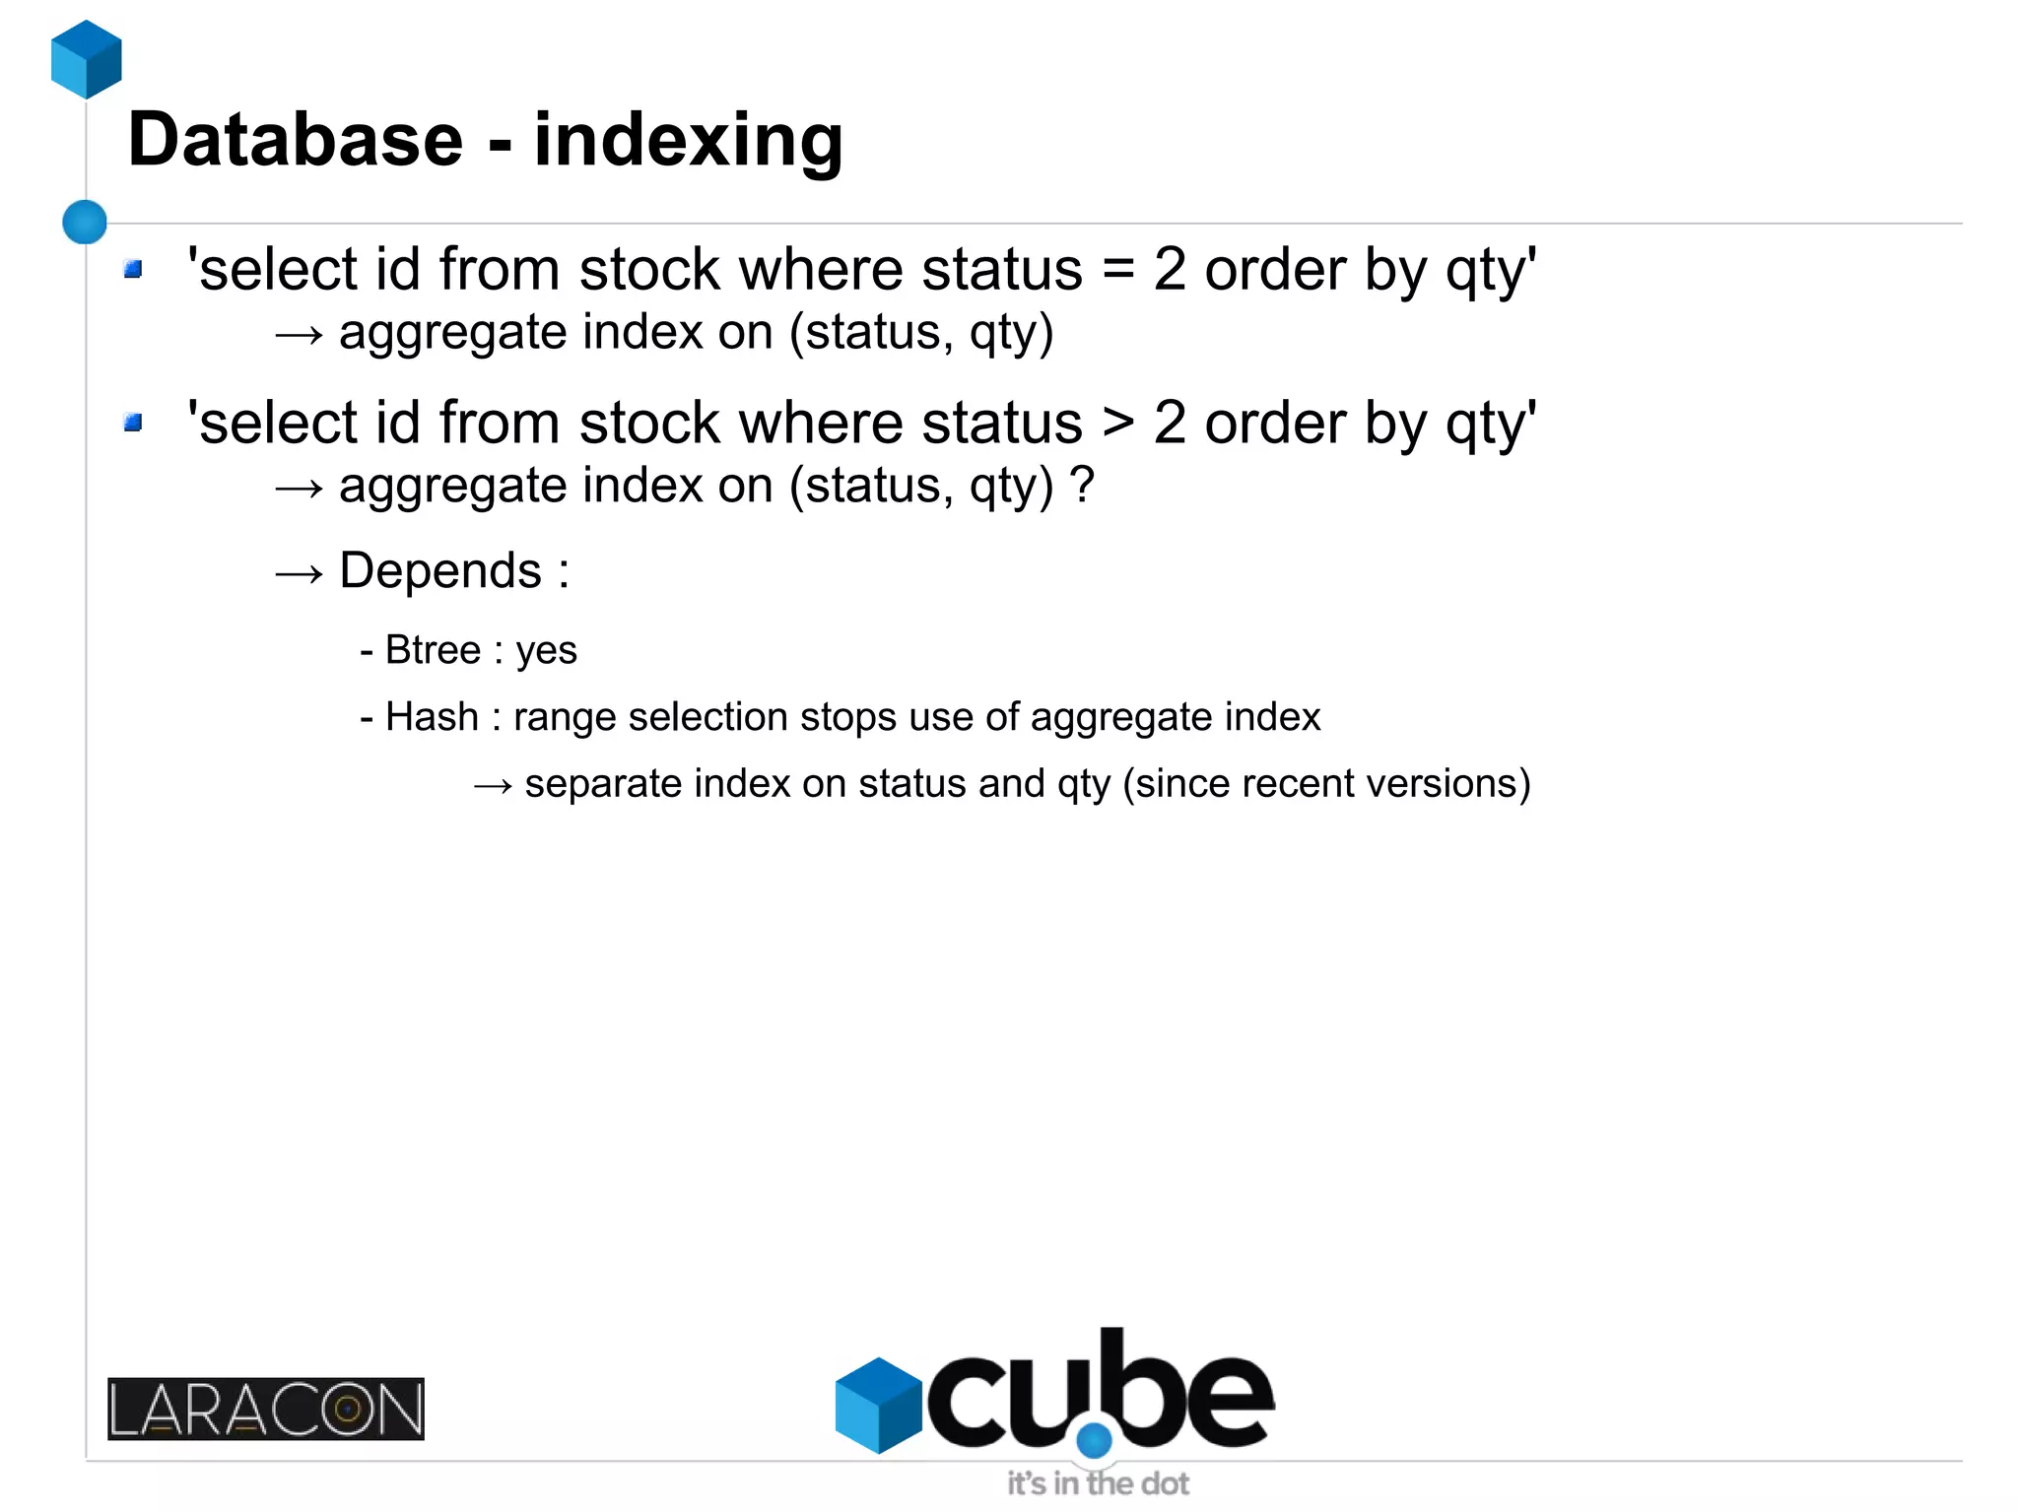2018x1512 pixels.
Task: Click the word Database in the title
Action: pos(296,140)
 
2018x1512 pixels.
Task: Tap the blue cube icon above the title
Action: pos(87,59)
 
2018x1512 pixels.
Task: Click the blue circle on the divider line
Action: pos(85,222)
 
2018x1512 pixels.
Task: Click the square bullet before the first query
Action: pos(134,269)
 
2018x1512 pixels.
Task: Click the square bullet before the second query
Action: pos(134,423)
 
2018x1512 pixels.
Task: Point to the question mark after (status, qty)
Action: pos(1082,485)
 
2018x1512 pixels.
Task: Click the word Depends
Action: pos(440,571)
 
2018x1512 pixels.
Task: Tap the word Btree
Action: pos(433,650)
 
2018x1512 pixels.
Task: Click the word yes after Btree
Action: pos(547,651)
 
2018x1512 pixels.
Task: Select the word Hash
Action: pos(432,717)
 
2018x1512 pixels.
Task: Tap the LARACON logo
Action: pos(266,1409)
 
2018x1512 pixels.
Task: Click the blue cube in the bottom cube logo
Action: pos(878,1406)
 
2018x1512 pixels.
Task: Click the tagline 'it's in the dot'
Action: pos(1098,1483)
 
